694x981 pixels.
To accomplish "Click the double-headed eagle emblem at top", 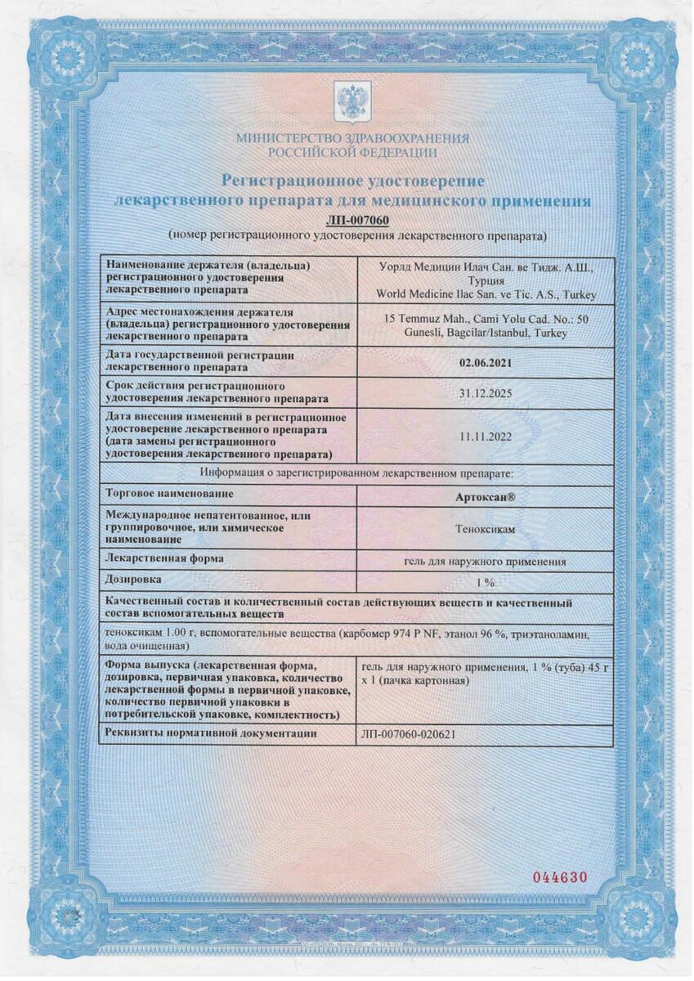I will pyautogui.click(x=352, y=102).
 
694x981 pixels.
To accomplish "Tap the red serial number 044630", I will pyautogui.click(x=560, y=877).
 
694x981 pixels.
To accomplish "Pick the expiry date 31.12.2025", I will pyautogui.click(x=486, y=393).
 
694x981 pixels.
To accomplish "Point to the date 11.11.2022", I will pyautogui.click(x=486, y=437).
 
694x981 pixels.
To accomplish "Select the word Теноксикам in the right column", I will pyautogui.click(x=486, y=529).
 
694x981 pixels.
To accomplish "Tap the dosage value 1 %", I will pyautogui.click(x=486, y=583).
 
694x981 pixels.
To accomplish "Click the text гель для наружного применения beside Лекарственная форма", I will pyautogui.click(x=486, y=562).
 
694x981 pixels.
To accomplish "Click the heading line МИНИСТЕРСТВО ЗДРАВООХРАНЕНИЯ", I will pyautogui.click(x=352, y=139).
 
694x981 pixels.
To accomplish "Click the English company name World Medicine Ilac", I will pyautogui.click(x=486, y=294).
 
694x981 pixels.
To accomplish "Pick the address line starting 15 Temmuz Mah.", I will pyautogui.click(x=486, y=319).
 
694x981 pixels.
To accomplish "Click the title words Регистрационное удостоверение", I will pyautogui.click(x=352, y=180).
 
